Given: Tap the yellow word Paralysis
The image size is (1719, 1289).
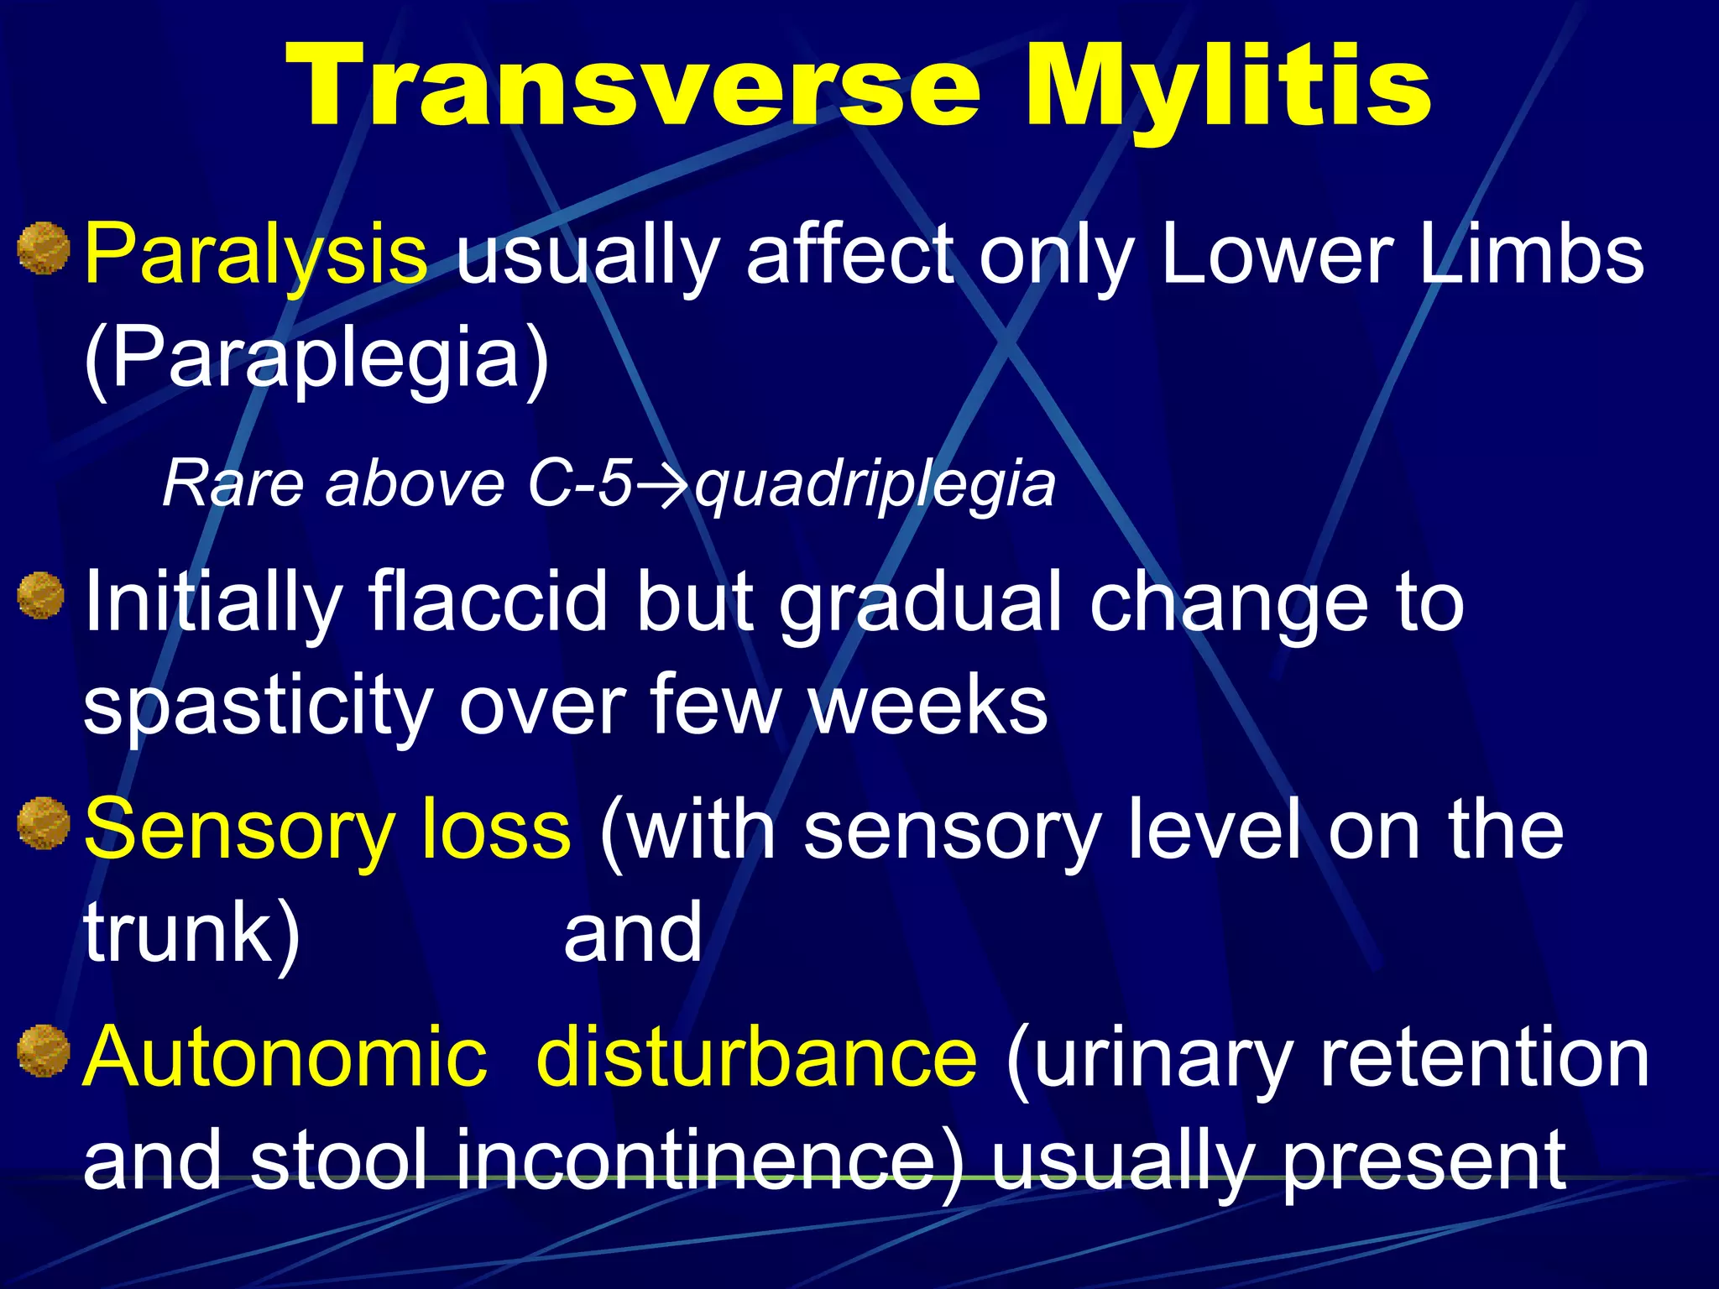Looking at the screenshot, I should click(256, 254).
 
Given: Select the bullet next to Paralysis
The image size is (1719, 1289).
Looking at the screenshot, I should click(42, 248).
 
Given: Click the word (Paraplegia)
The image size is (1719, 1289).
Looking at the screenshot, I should click(316, 358).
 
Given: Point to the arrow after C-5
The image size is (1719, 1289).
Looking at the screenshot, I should click(662, 485).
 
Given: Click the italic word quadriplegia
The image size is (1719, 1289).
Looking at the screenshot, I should click(875, 485).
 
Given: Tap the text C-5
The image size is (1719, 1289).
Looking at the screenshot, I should click(579, 485).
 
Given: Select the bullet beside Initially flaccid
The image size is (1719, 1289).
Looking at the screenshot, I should click(41, 596).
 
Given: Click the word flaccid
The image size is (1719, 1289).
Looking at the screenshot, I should click(487, 601).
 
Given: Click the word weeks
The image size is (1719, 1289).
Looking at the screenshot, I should click(928, 705).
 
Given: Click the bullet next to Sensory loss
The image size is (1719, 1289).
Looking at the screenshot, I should click(42, 823).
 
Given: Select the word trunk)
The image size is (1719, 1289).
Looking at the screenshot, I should click(192, 933).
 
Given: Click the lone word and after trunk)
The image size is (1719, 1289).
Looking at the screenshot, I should click(633, 932).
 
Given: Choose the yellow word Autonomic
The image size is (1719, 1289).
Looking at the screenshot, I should click(285, 1057).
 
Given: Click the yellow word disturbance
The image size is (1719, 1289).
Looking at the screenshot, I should click(755, 1057).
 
